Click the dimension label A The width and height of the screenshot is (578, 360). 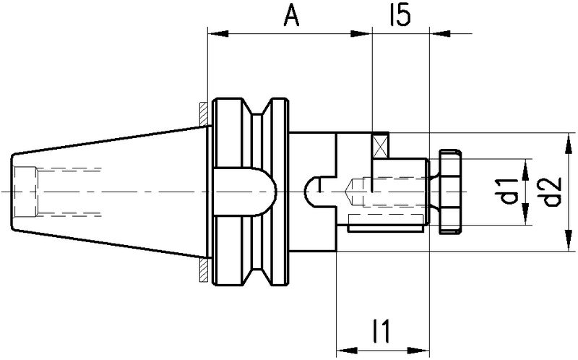(292, 17)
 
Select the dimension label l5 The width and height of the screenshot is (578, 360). (400, 16)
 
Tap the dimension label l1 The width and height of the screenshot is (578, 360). (381, 331)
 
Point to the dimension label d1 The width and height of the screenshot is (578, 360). (509, 191)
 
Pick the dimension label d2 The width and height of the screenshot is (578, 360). (552, 192)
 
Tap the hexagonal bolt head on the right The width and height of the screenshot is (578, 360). (449, 192)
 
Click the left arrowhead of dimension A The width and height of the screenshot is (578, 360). (218, 34)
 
